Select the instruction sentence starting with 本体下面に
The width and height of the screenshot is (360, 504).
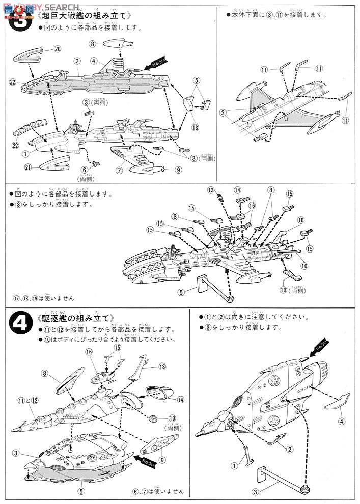click(275, 15)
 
